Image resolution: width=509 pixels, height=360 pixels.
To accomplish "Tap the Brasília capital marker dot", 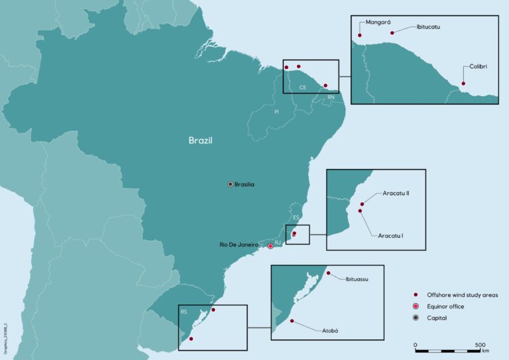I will click(x=231, y=184).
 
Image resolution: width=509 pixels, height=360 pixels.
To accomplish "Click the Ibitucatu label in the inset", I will click(x=428, y=27).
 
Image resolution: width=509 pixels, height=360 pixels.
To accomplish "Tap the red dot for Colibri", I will click(x=463, y=84).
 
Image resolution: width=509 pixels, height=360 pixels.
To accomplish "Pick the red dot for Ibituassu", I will click(x=328, y=272).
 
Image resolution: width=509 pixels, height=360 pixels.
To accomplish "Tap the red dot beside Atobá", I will click(x=291, y=322).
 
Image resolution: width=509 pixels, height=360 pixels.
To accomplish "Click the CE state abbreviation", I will click(x=302, y=87).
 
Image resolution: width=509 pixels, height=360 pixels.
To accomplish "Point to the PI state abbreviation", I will click(x=276, y=111).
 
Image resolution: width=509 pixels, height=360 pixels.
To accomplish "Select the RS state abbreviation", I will click(x=184, y=310).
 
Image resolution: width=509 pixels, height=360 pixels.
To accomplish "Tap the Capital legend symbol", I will click(x=415, y=318).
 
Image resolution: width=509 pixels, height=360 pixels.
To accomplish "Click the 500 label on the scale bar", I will click(x=480, y=345).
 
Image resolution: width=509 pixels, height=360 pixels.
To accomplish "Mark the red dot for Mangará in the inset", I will click(x=360, y=35).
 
